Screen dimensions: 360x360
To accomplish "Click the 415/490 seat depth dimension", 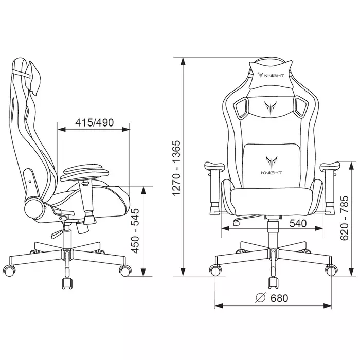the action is tap(94, 122).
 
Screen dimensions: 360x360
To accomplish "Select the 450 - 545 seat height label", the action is tap(135, 231).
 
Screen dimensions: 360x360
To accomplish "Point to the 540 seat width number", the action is tap(298, 223).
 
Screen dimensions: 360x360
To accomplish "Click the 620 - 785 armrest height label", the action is tap(344, 218).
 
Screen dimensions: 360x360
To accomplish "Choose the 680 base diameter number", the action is tap(279, 298).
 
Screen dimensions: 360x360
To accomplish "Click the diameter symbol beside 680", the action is tap(261, 298).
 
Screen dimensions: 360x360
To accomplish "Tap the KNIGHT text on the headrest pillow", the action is tap(274, 75).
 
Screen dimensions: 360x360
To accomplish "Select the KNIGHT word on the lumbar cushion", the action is tap(272, 173).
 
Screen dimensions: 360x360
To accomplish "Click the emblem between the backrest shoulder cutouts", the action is tap(271, 107).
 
